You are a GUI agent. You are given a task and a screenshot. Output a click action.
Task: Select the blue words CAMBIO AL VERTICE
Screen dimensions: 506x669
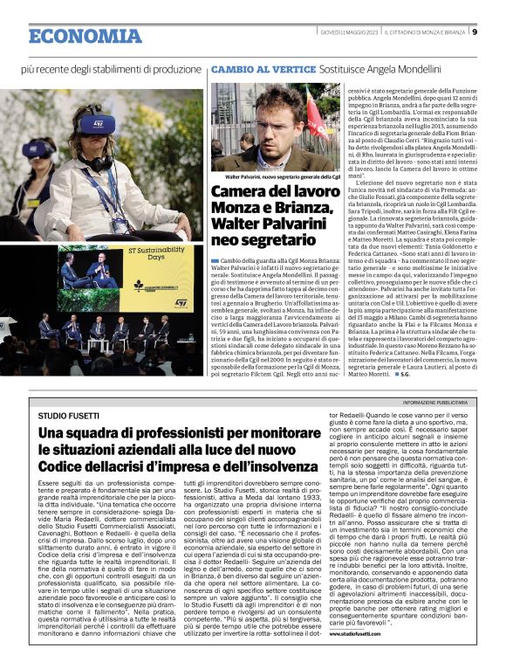(x=250, y=67)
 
